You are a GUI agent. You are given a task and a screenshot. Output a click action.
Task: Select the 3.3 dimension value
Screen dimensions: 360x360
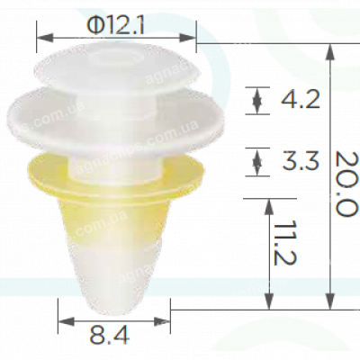pos(301,162)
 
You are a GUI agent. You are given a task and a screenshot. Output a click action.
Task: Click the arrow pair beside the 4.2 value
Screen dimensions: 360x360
pos(259,100)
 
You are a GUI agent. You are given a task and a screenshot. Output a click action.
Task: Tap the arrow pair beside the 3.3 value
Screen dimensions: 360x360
pos(259,162)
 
